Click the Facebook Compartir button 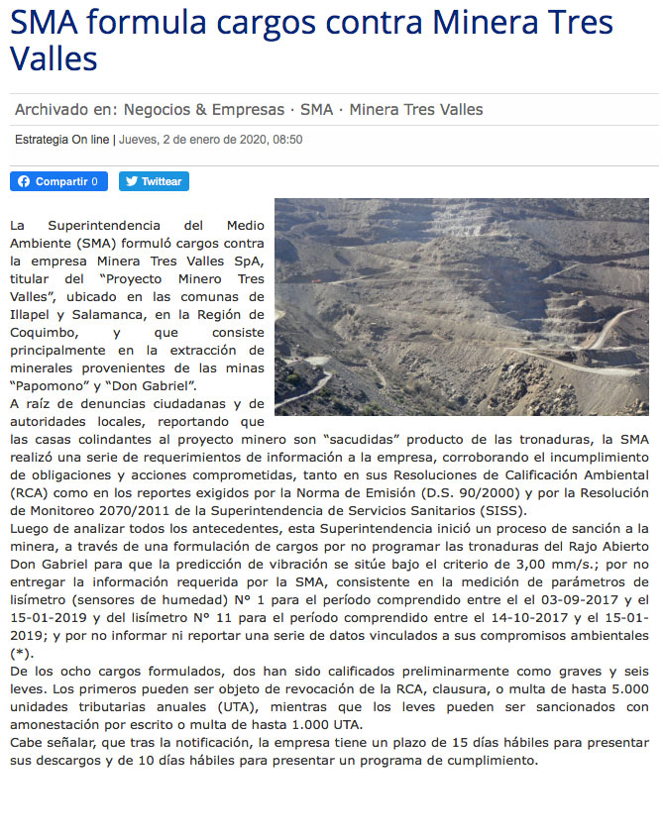(x=58, y=181)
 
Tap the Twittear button (x=154, y=181)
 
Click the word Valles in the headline (x=54, y=58)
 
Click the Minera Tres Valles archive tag (x=416, y=109)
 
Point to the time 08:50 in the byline (x=285, y=140)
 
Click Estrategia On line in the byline (x=61, y=140)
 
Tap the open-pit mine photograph (x=466, y=306)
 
